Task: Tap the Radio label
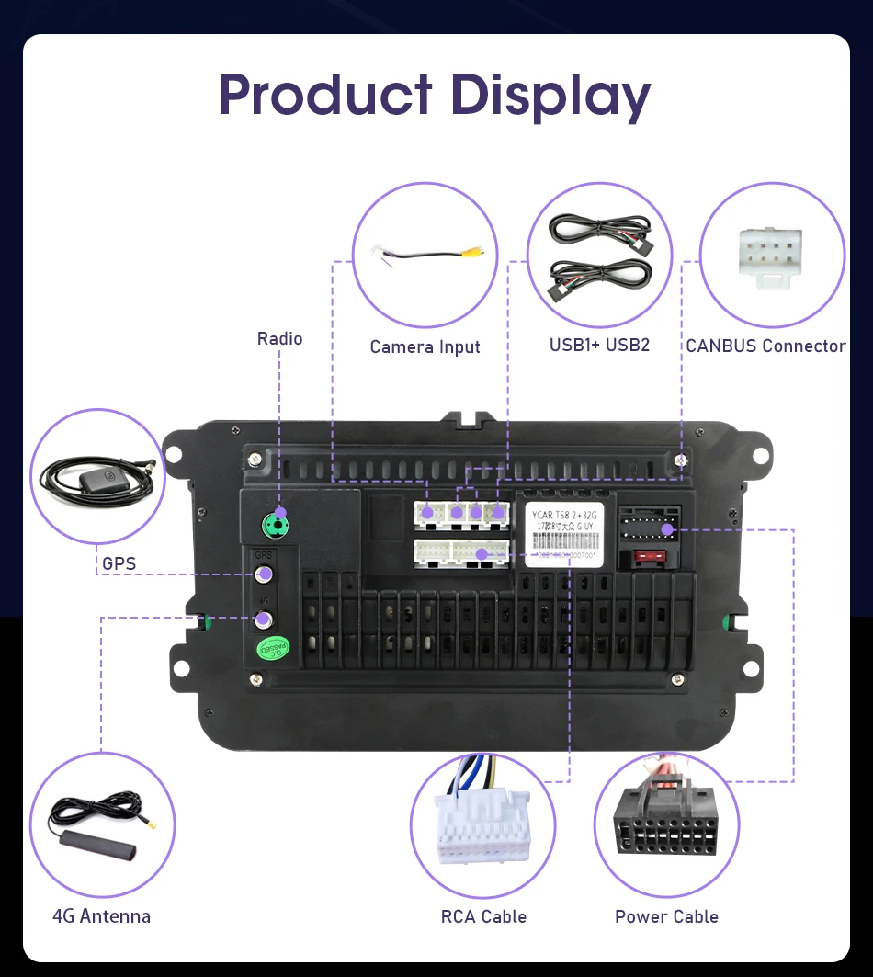(279, 339)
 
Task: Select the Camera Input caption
(425, 347)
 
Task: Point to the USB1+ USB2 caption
(599, 346)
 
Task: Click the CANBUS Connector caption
(765, 346)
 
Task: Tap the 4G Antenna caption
(101, 916)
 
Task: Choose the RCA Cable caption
(483, 917)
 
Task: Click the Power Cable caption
(666, 917)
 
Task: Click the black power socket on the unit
(650, 528)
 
